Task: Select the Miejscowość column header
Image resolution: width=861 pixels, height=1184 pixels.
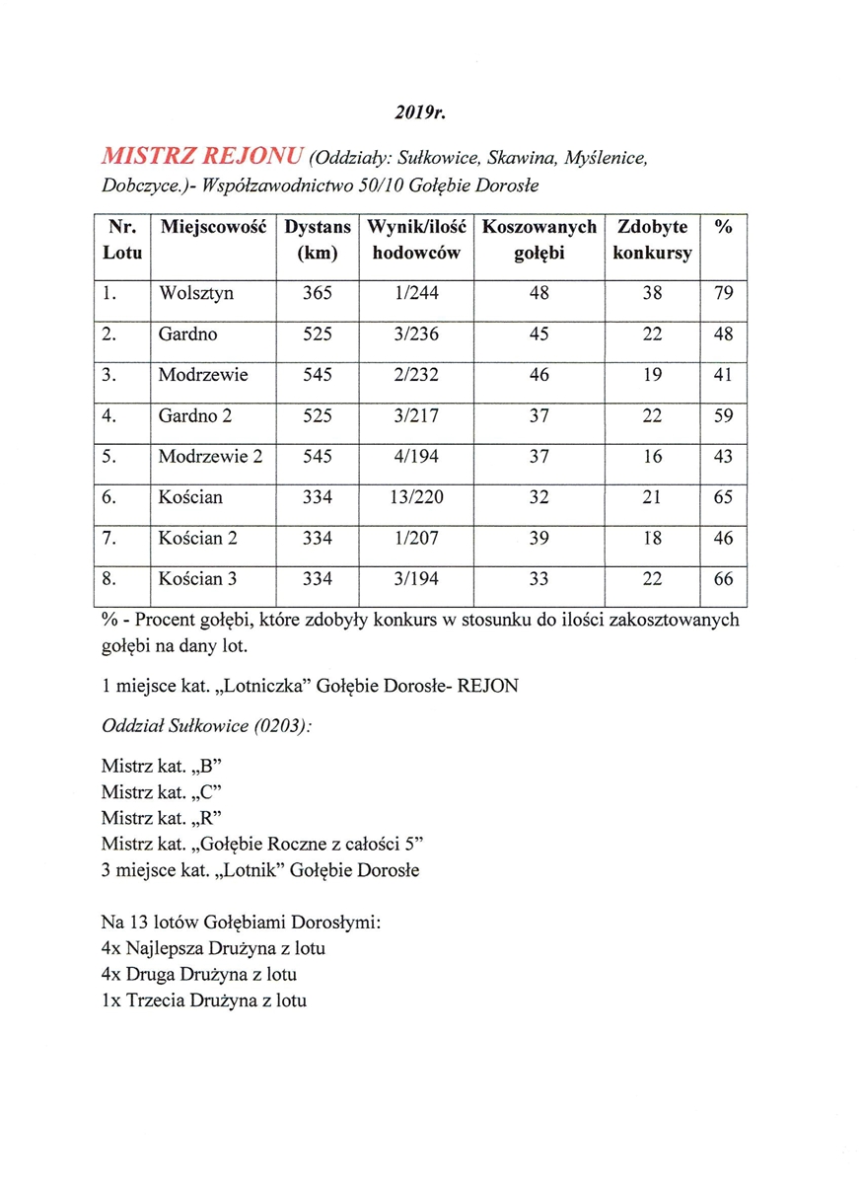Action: point(214,227)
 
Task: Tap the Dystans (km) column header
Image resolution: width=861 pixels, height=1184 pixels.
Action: point(318,240)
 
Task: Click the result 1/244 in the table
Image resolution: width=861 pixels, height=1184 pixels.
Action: point(415,293)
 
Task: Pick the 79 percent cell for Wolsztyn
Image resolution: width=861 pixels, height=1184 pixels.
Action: point(723,293)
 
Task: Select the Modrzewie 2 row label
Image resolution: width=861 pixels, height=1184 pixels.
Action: point(210,457)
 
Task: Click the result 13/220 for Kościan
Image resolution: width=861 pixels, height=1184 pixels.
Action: point(415,497)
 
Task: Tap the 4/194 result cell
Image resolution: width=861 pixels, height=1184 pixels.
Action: point(415,457)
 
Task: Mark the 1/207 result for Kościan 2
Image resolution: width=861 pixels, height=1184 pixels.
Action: point(415,539)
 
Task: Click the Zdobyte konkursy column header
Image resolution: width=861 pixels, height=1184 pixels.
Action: point(652,240)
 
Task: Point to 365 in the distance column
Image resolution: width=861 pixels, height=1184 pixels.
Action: point(318,293)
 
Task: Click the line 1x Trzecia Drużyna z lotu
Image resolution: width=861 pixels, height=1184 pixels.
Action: point(203,1000)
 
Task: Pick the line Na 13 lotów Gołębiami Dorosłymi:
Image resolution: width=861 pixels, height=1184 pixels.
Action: point(241,924)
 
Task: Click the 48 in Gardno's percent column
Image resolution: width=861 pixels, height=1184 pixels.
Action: point(723,334)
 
